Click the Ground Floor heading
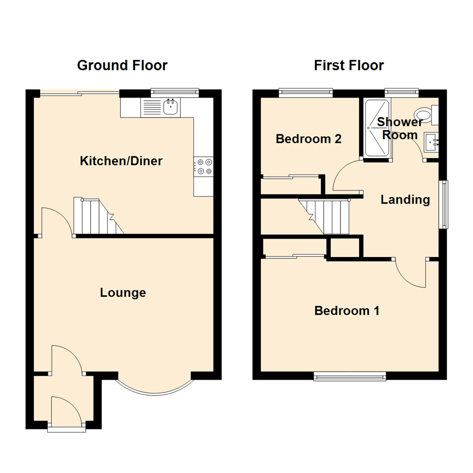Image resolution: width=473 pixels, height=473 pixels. click(x=122, y=66)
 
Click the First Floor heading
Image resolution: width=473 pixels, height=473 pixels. click(x=349, y=66)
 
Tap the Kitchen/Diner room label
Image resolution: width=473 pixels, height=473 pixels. click(x=121, y=161)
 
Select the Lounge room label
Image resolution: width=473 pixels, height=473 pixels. click(x=123, y=293)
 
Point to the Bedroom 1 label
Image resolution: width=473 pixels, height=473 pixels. click(x=347, y=311)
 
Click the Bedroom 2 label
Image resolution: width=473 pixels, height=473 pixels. click(x=308, y=139)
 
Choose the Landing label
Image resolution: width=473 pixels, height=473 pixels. click(x=405, y=200)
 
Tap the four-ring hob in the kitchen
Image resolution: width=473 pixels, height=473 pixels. click(x=204, y=167)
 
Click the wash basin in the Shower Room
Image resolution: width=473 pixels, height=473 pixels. click(x=432, y=141)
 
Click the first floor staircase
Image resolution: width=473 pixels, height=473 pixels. click(x=326, y=216)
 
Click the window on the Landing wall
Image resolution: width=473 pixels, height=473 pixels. click(x=444, y=205)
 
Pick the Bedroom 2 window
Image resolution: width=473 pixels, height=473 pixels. click(x=306, y=92)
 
